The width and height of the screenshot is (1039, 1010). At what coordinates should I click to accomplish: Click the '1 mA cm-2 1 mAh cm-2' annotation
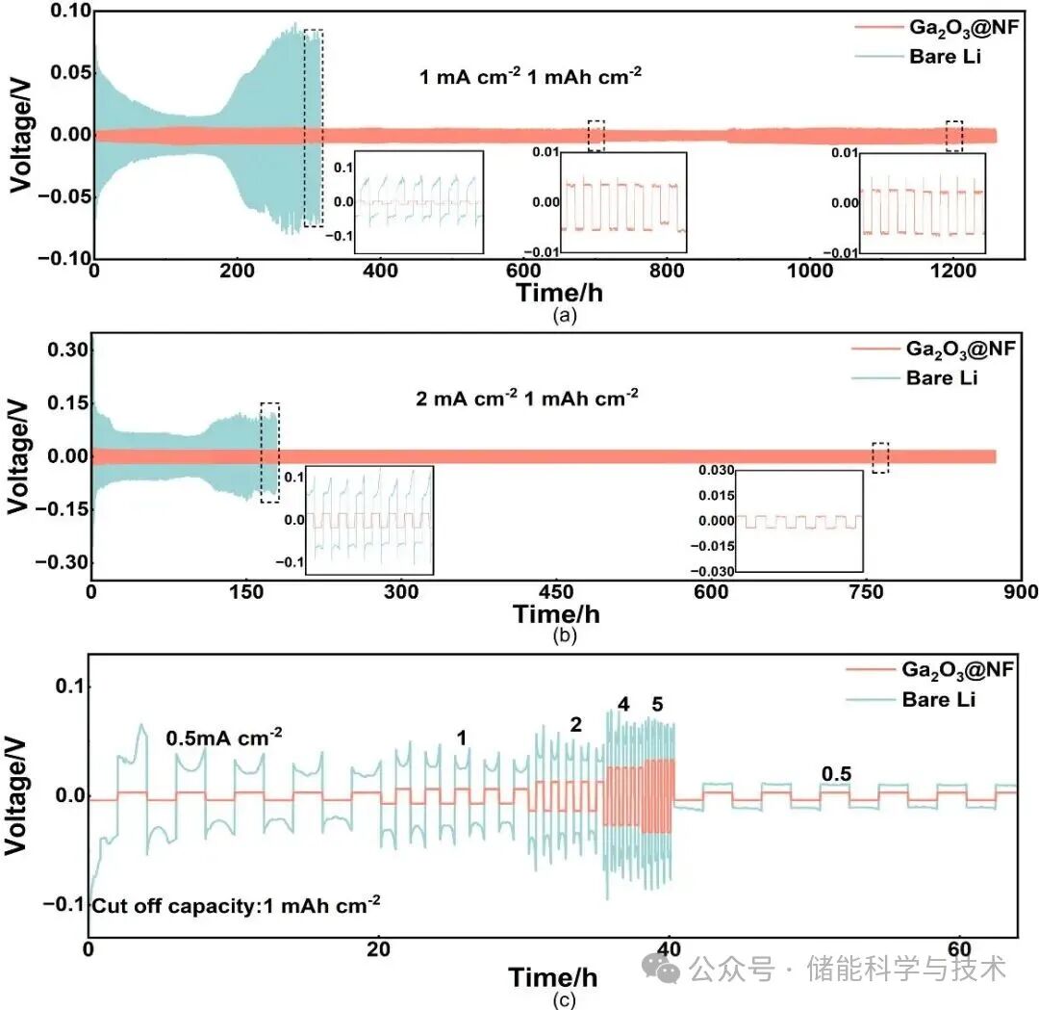pos(530,76)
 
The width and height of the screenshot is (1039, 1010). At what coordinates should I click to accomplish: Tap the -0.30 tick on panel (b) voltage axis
pos(61,561)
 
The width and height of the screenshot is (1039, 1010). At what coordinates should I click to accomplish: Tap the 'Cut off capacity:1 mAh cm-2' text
pos(237,904)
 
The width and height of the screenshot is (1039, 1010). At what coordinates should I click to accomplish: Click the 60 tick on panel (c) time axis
pos(958,947)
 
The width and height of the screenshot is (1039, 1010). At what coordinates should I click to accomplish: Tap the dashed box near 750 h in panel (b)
pos(880,457)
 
